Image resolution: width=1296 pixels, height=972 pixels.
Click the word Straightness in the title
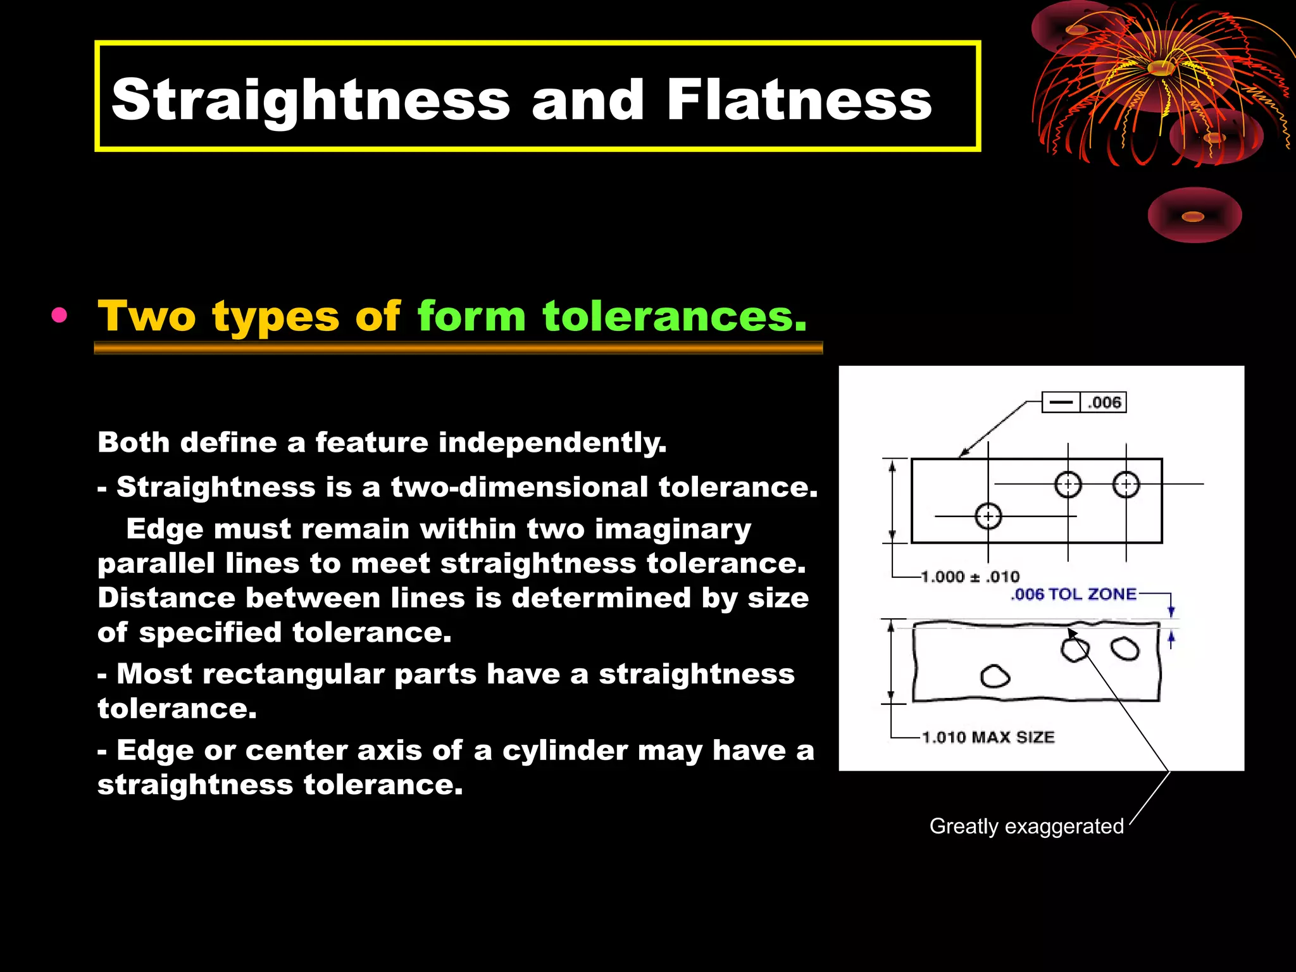[310, 100]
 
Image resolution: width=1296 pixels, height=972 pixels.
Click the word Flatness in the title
[799, 100]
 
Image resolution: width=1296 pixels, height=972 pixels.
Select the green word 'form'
[471, 316]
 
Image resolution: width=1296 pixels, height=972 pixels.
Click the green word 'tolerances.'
[675, 316]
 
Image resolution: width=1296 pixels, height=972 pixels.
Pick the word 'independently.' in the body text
[552, 442]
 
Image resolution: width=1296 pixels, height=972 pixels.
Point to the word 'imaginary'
[673, 529]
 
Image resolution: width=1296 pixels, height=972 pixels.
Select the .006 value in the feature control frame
[1104, 402]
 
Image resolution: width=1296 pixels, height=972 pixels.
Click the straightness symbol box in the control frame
[1061, 402]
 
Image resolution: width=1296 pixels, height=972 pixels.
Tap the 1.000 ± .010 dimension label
[970, 576]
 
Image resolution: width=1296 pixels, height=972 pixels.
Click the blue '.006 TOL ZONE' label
[1073, 594]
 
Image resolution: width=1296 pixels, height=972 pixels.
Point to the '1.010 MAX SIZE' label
[988, 737]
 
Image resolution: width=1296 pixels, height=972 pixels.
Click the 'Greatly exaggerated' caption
[1026, 826]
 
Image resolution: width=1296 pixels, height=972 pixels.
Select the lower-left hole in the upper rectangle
[988, 516]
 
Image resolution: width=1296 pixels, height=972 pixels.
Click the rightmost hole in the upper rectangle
[1126, 485]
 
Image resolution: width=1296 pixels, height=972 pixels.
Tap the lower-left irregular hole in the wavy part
[995, 676]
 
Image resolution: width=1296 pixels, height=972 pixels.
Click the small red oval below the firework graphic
[1194, 216]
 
